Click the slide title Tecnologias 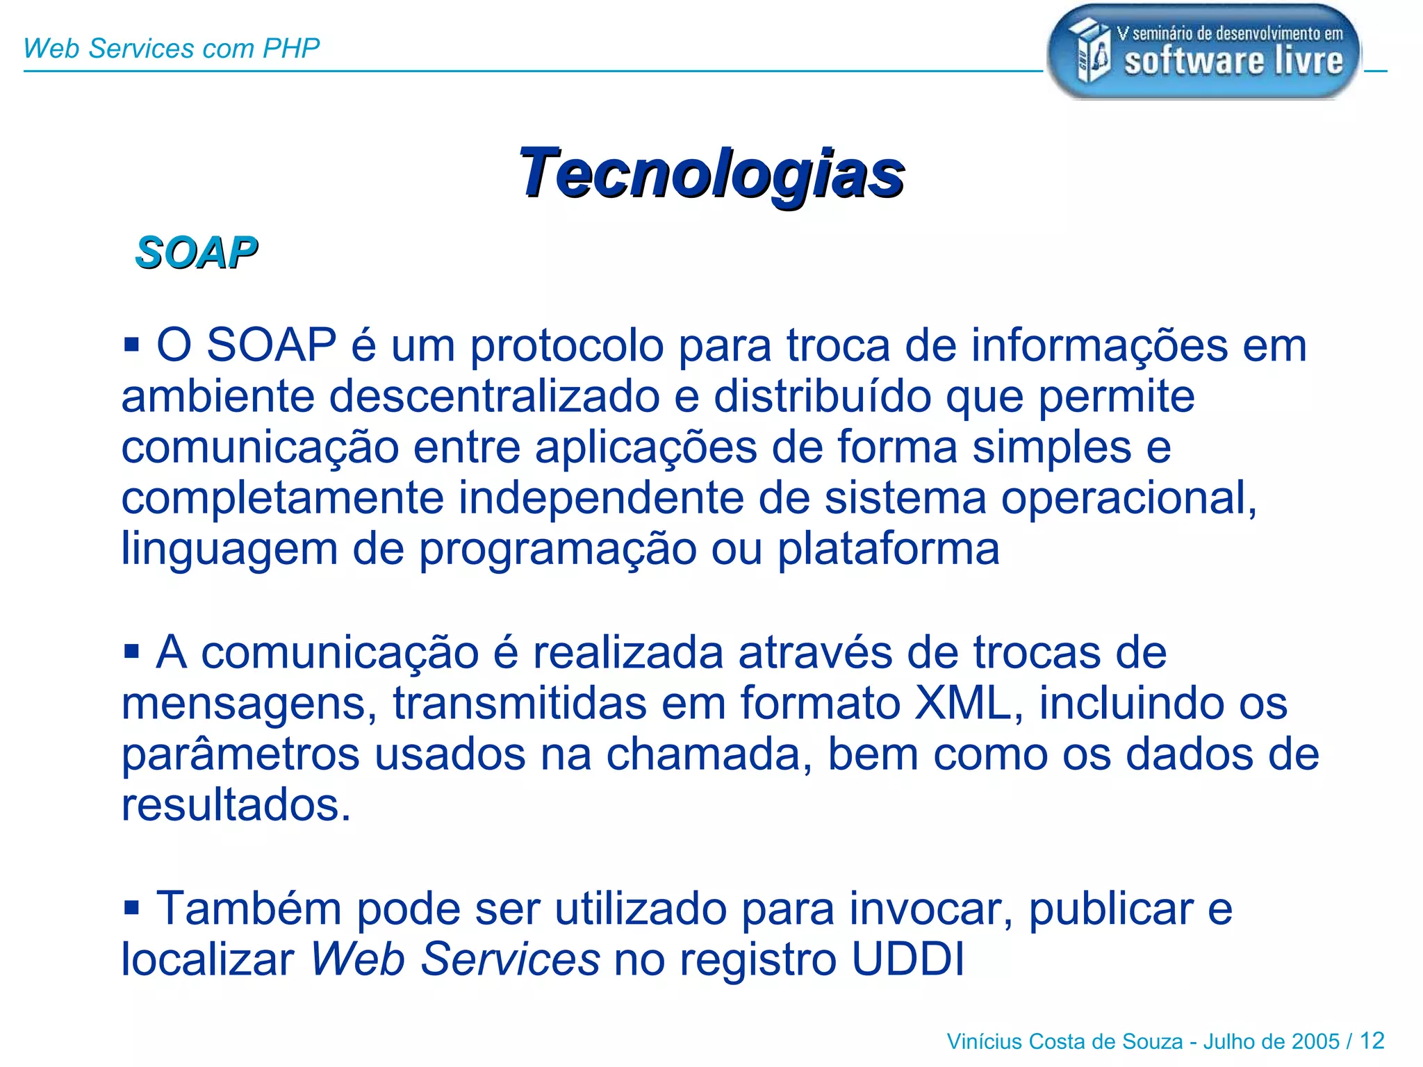point(711,173)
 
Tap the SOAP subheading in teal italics point(196,252)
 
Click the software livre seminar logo point(1203,51)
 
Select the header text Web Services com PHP point(171,49)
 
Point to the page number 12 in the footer point(1372,1041)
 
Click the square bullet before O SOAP point(131,343)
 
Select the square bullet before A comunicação point(131,652)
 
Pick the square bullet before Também point(131,907)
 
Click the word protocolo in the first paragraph point(567,346)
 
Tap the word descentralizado point(494,397)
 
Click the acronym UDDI point(907,959)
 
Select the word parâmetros point(240,755)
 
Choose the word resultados point(236,806)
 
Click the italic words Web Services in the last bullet point(454,959)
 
